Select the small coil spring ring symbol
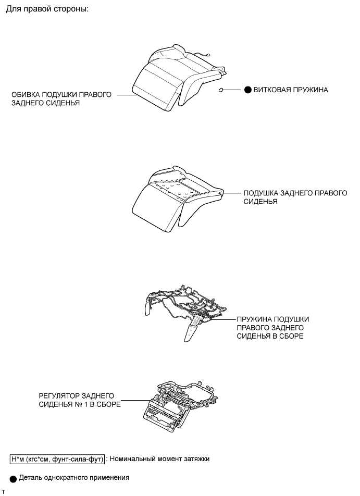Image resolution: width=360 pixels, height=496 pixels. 221,90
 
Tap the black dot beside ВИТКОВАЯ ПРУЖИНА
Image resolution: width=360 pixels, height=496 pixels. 247,90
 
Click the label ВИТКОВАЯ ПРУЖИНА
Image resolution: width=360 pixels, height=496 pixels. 291,90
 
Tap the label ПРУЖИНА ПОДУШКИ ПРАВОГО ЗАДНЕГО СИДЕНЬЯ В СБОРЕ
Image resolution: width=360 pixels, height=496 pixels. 273,328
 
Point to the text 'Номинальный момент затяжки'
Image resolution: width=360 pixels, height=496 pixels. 161,459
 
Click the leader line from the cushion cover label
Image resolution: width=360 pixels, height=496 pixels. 126,95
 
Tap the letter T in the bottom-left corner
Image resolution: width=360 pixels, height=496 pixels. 3,492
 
